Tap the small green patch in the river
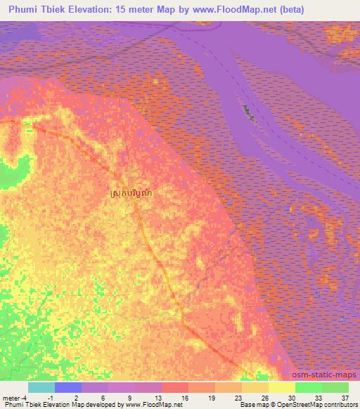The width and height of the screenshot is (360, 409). point(247,112)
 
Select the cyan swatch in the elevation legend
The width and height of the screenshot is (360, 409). point(41,387)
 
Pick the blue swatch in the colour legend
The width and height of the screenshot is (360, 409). point(68,387)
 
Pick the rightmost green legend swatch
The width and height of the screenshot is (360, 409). point(335,387)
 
